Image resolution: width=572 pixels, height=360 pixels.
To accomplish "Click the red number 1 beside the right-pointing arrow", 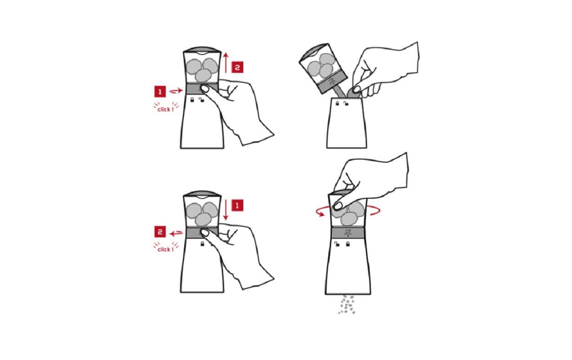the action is pyautogui.click(x=160, y=92).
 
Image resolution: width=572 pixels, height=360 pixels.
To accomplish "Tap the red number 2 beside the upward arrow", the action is pyautogui.click(x=237, y=67).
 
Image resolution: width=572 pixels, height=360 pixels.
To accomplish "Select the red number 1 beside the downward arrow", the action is pyautogui.click(x=237, y=206).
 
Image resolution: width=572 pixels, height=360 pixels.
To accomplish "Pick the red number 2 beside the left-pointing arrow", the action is pyautogui.click(x=160, y=232).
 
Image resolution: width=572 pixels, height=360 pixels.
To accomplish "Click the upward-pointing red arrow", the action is pyautogui.click(x=226, y=63).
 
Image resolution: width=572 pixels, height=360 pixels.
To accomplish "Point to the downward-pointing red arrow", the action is pyautogui.click(x=226, y=210).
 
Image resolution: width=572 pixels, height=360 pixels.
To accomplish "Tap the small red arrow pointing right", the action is pyautogui.click(x=176, y=90).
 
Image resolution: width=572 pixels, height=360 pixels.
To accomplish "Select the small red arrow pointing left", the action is pyautogui.click(x=176, y=233).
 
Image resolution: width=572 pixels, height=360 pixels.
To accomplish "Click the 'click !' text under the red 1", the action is pyautogui.click(x=166, y=109).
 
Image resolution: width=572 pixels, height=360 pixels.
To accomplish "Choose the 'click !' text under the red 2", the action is pyautogui.click(x=166, y=249).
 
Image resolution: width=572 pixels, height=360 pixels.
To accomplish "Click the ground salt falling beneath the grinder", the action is pyautogui.click(x=347, y=305).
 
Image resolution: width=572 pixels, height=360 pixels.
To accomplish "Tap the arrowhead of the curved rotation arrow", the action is pyautogui.click(x=321, y=213).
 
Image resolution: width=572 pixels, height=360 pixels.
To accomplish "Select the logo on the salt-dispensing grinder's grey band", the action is pyautogui.click(x=348, y=232).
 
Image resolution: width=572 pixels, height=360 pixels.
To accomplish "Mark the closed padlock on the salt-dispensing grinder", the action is pyautogui.click(x=348, y=244).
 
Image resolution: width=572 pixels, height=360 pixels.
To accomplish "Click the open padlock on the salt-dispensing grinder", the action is pyautogui.click(x=337, y=244).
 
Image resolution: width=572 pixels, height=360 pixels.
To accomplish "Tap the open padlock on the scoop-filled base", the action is pyautogui.click(x=346, y=103).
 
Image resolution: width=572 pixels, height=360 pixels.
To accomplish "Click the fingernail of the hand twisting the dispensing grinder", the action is pyautogui.click(x=338, y=206).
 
